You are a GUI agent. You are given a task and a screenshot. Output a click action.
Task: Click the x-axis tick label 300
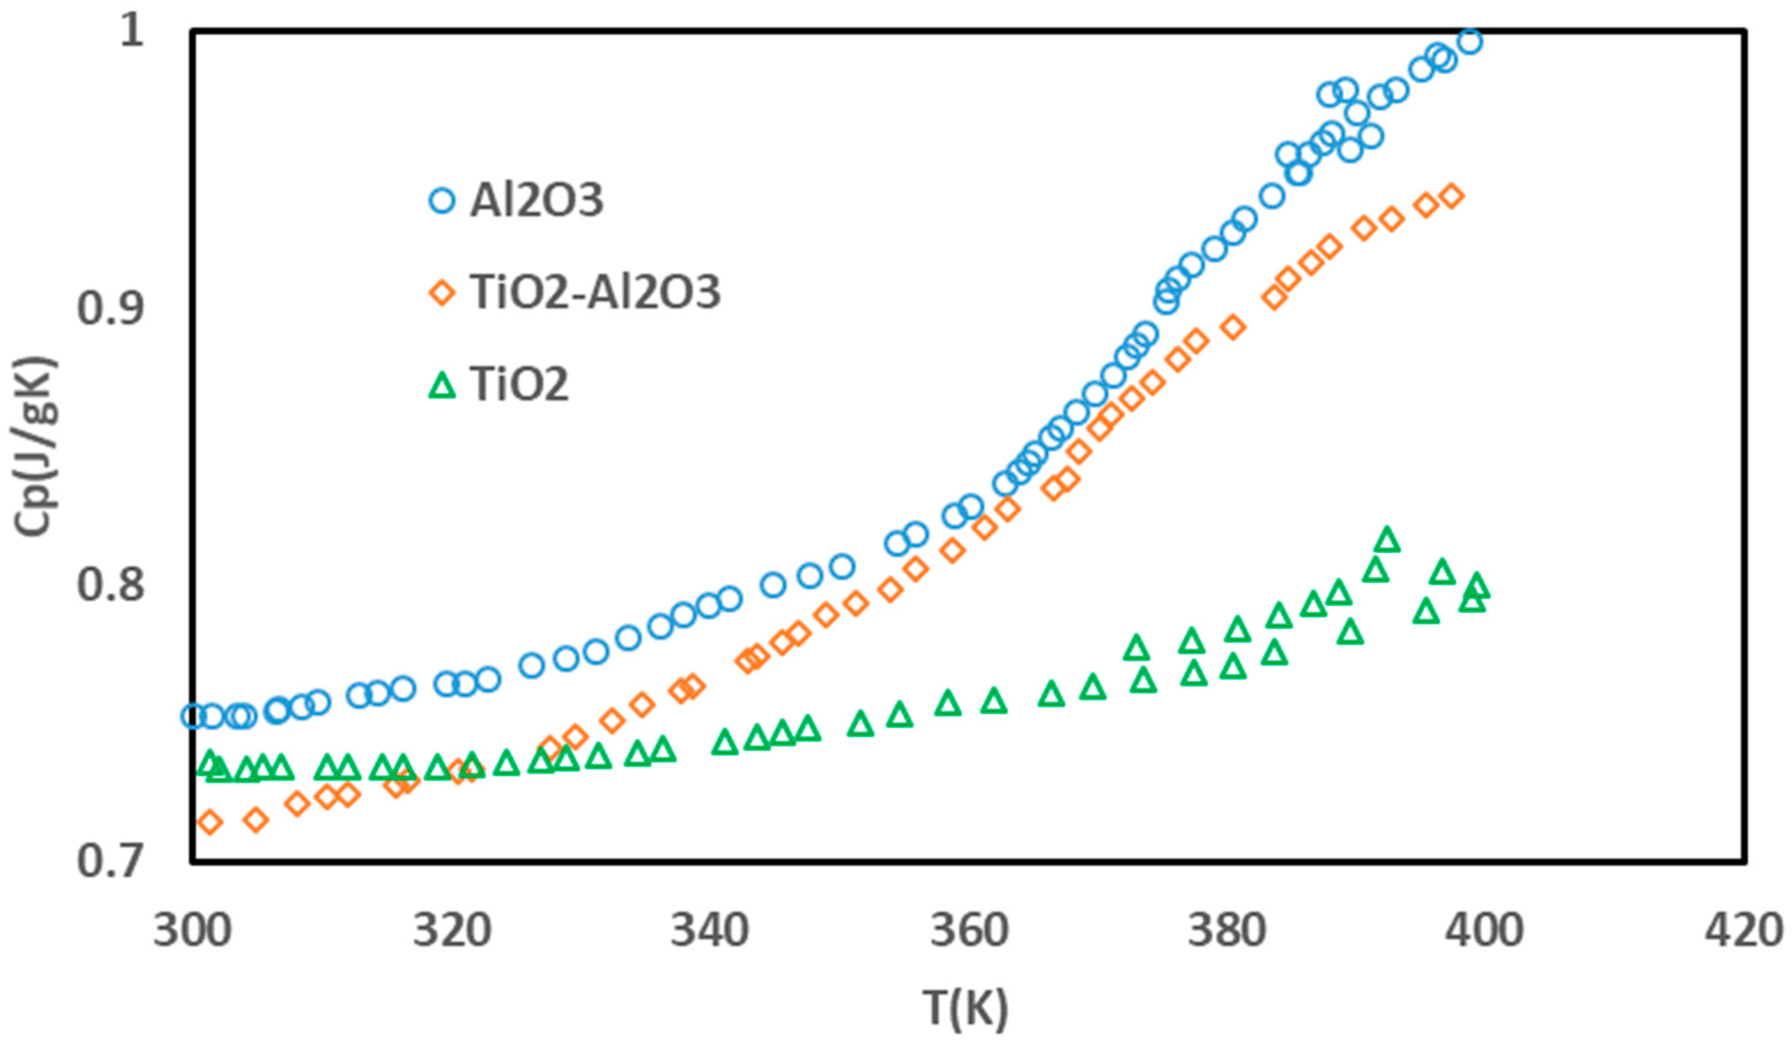(193, 931)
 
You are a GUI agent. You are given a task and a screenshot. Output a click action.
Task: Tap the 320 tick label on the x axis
(452, 931)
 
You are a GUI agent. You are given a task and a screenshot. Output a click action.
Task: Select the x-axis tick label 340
(710, 931)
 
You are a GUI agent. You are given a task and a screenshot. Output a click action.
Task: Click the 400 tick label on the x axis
(1485, 931)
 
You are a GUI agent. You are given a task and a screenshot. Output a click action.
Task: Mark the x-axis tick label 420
(1744, 931)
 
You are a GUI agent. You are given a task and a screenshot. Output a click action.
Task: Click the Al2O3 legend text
(536, 201)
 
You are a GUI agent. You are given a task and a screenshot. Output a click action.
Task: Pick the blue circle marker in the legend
(443, 201)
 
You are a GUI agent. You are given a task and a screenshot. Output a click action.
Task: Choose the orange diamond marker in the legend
(443, 293)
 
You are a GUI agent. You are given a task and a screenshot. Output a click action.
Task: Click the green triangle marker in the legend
(443, 386)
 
